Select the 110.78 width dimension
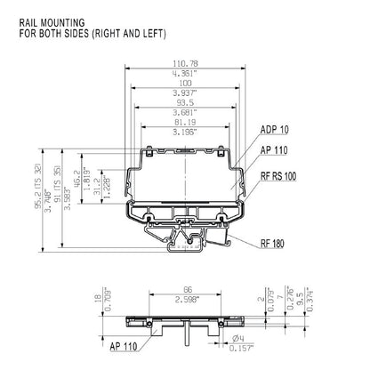185,64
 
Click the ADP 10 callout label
274,130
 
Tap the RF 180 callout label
274,243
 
